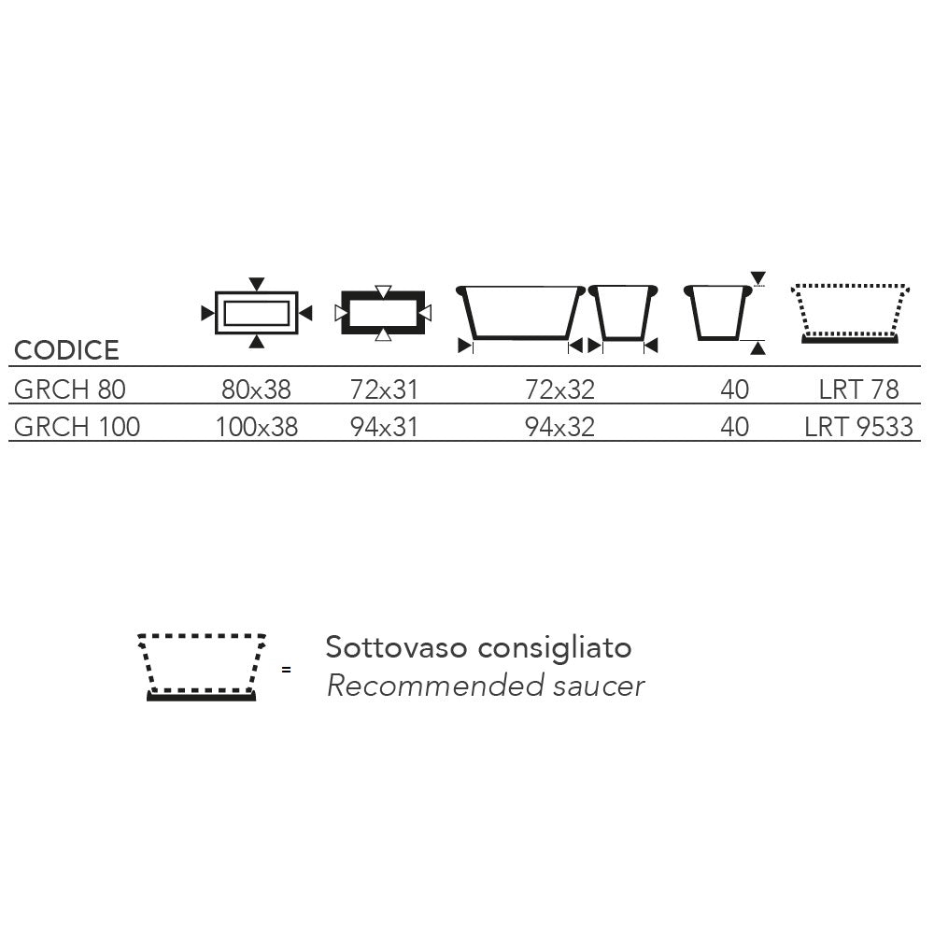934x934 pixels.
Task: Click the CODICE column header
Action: click(x=66, y=350)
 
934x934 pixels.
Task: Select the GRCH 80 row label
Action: click(x=70, y=389)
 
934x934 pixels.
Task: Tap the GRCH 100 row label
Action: click(x=77, y=427)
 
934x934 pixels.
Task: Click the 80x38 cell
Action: click(x=256, y=389)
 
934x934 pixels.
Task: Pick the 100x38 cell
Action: click(x=256, y=427)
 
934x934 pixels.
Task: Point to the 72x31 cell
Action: click(x=384, y=389)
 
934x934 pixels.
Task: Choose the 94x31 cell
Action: click(x=384, y=427)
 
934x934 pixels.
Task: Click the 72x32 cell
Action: click(x=559, y=389)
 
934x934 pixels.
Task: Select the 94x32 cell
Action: click(x=559, y=427)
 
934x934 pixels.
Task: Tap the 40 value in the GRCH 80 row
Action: click(x=734, y=389)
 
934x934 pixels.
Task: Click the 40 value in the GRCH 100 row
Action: click(x=734, y=427)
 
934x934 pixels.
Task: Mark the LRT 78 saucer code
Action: click(x=858, y=389)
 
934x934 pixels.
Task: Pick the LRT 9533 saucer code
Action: click(x=858, y=427)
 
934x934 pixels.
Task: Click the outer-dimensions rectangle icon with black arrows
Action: click(x=256, y=293)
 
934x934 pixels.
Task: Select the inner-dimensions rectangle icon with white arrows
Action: click(x=383, y=293)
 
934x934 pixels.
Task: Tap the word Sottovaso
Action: click(x=396, y=647)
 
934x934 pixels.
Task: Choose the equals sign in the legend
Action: click(x=287, y=670)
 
